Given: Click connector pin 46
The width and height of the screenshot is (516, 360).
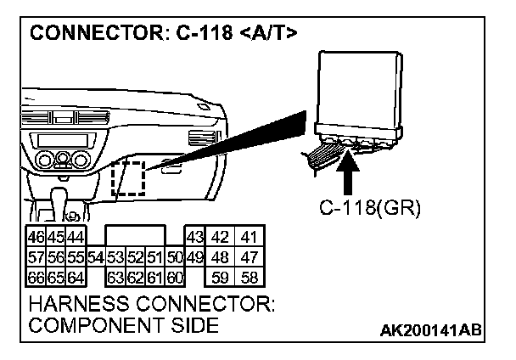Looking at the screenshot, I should (x=36, y=236).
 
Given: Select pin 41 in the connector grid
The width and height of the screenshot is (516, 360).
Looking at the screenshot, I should (x=249, y=236).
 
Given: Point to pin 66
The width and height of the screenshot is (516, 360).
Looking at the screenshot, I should (x=36, y=276).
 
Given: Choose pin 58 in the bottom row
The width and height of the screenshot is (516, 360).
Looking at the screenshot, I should (x=249, y=276).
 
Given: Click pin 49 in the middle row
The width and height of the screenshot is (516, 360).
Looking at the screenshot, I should (x=193, y=256).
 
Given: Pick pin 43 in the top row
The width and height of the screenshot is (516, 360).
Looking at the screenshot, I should (x=193, y=236).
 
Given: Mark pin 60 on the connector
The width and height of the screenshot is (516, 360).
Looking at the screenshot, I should (x=175, y=276).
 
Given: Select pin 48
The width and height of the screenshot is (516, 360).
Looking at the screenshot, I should (x=221, y=256).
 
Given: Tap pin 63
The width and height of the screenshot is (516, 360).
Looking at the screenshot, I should (x=114, y=276).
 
